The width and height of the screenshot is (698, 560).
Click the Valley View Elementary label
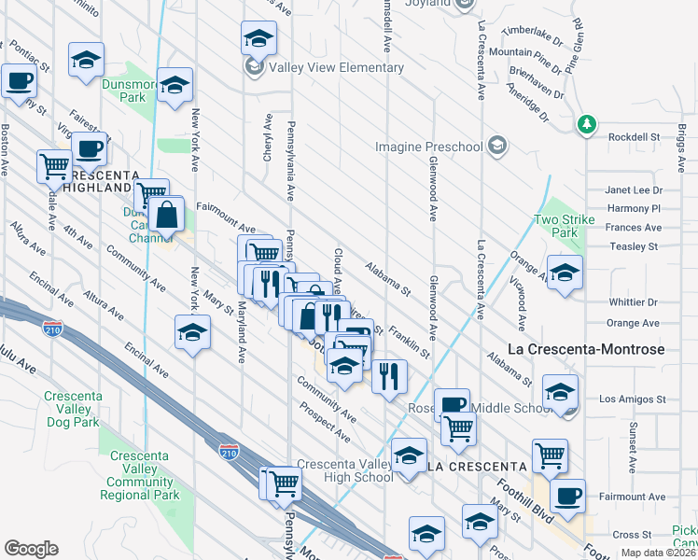[336, 68]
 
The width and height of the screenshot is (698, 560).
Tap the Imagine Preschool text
[428, 147]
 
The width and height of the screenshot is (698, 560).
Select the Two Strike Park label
[558, 227]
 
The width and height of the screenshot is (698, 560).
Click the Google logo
[31, 549]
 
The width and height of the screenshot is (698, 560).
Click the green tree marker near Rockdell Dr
[586, 125]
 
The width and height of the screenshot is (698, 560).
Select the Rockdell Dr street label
[634, 137]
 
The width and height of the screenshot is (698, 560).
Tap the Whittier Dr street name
[633, 302]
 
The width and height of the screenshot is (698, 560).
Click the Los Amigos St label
[632, 399]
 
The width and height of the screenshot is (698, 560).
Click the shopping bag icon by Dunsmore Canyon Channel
[166, 215]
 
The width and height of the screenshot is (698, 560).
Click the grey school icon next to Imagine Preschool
[498, 146]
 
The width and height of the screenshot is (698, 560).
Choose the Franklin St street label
[411, 342]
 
